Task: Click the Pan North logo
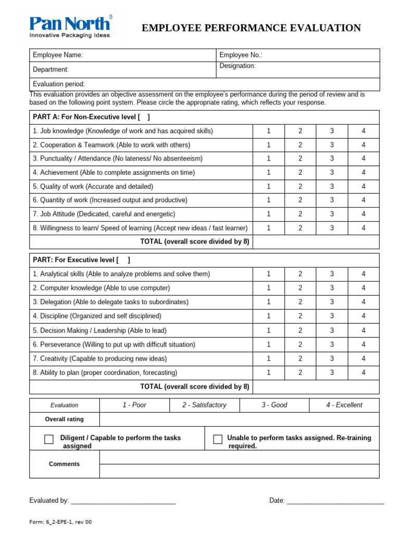[70, 27]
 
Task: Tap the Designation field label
[238, 66]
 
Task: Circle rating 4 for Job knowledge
[364, 131]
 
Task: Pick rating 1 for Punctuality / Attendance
[269, 159]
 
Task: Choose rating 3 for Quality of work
[332, 186]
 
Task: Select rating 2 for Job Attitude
[300, 214]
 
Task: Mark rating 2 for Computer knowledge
[300, 288]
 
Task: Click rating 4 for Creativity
[364, 358]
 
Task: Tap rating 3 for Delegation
[332, 302]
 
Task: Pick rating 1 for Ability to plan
[269, 372]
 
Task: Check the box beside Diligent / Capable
[49, 440]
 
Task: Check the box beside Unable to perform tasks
[218, 440]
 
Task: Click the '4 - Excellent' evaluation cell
[344, 405]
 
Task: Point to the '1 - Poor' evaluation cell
[134, 405]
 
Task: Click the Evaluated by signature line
[123, 501]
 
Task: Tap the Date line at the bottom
[335, 501]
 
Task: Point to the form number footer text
[60, 522]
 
